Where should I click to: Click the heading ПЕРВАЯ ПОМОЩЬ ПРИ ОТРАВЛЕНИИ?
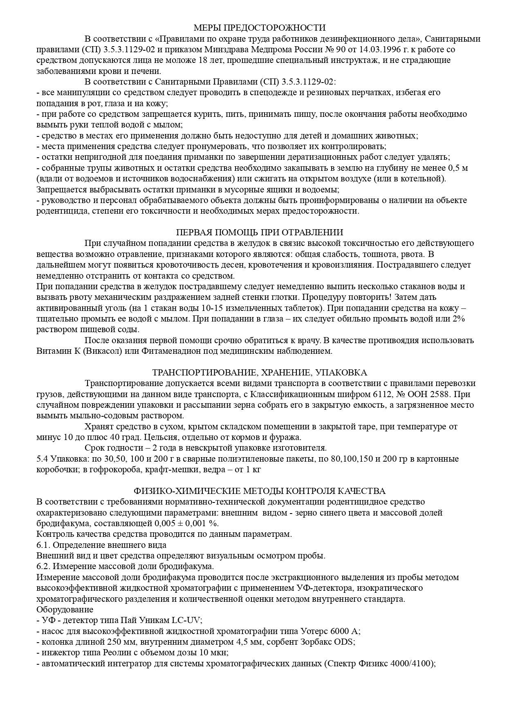tap(259, 232)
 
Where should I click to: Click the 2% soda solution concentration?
tap(458, 319)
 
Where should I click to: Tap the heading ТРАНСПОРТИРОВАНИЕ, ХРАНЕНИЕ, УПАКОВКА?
tap(259, 373)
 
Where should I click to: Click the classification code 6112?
tap(369, 394)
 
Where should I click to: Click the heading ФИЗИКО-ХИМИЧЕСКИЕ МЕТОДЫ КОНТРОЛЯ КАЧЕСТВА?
tap(259, 491)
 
